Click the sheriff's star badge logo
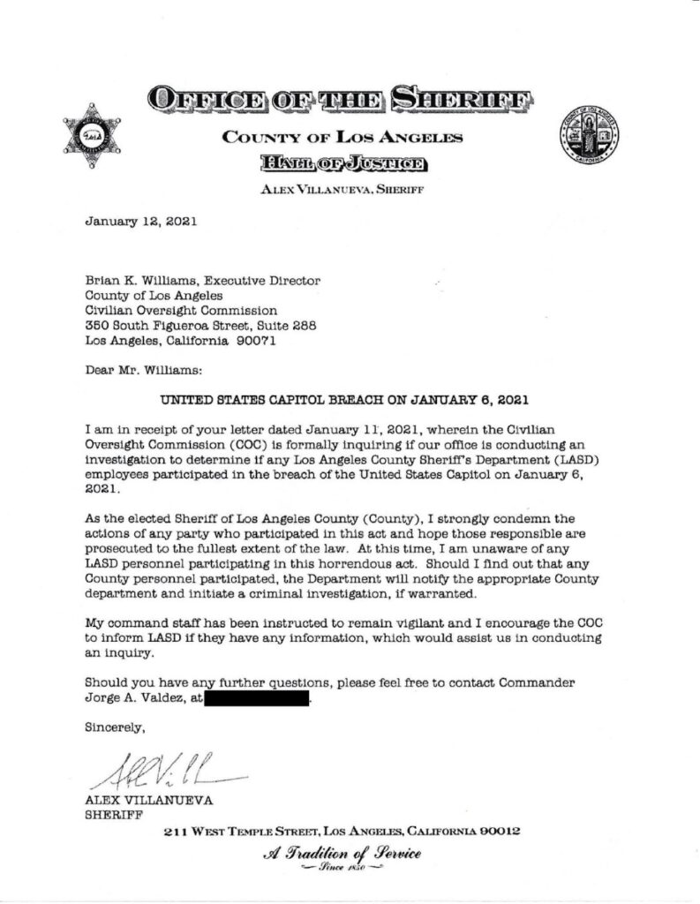89,140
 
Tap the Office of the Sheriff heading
339,98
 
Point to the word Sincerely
115,728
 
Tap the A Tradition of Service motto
340,855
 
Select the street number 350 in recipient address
97,325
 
